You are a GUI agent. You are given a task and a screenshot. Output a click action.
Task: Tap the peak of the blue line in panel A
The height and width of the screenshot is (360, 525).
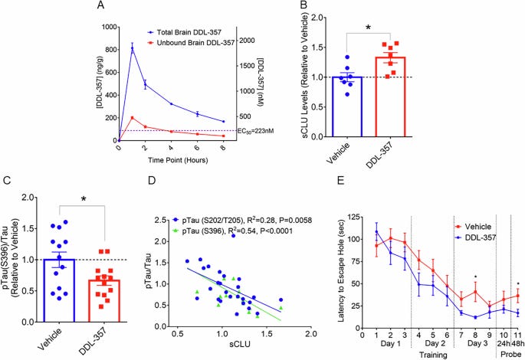[132, 47]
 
